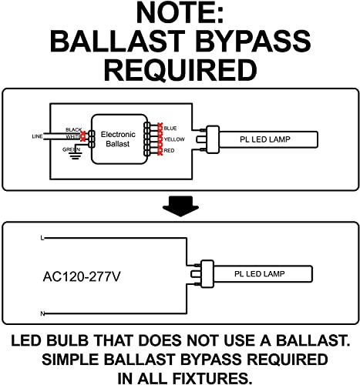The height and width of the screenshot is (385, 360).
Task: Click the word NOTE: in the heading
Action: click(x=180, y=13)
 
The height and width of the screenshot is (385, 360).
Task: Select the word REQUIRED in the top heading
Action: click(x=180, y=70)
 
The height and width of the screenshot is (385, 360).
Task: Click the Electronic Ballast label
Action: click(x=118, y=139)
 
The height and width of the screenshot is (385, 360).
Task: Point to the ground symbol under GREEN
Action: click(x=76, y=156)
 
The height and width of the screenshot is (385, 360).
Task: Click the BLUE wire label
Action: click(x=170, y=128)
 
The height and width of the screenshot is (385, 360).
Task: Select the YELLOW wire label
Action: click(x=174, y=139)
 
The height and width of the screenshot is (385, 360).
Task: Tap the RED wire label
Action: click(x=169, y=150)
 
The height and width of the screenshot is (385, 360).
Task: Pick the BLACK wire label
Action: click(x=73, y=129)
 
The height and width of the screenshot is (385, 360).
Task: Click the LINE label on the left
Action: click(x=37, y=136)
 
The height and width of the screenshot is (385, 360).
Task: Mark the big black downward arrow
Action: click(x=180, y=206)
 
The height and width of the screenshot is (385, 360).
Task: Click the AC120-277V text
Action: click(x=82, y=276)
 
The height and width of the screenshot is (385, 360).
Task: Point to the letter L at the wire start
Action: click(x=42, y=238)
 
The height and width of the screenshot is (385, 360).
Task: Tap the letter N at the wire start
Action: click(x=42, y=313)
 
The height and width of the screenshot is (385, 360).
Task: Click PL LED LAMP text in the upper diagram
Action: click(x=265, y=139)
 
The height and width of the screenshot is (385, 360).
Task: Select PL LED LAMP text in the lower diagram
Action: click(x=259, y=274)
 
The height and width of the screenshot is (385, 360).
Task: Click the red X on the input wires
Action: click(x=82, y=136)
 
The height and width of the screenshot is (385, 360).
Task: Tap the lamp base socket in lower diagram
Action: click(x=207, y=274)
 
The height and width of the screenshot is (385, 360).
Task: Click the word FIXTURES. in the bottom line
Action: click(x=212, y=378)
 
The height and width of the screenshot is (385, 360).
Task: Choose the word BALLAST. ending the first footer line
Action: click(x=313, y=340)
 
